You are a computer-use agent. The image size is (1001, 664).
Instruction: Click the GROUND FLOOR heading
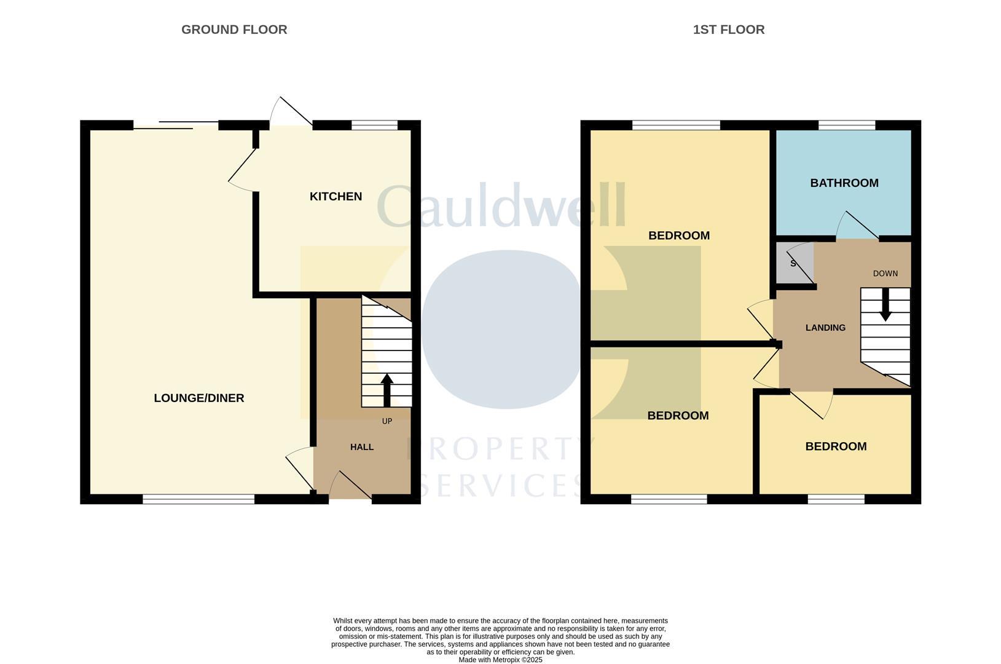coord(234,30)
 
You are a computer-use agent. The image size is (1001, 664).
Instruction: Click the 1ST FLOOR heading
coord(728,30)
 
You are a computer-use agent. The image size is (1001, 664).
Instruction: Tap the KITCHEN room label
coord(336,196)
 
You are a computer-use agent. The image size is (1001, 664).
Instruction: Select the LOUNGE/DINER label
coord(199,398)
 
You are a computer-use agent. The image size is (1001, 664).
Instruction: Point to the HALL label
coord(362,447)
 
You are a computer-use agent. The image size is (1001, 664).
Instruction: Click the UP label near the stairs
coord(387,421)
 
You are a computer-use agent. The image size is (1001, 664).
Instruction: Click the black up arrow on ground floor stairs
coord(387,390)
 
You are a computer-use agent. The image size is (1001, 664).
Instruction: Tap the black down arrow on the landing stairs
coord(885,304)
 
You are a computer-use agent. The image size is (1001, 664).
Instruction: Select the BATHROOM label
coord(844,183)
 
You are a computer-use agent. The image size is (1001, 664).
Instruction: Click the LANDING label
coord(825,328)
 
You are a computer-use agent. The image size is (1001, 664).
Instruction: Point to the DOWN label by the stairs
coord(885,274)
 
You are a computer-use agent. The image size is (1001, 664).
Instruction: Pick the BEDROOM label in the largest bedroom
coord(679,235)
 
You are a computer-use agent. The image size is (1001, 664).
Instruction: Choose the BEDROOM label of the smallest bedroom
coord(836,446)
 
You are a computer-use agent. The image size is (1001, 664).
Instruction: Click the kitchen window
coord(374,125)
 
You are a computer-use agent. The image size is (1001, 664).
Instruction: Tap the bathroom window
coord(846,125)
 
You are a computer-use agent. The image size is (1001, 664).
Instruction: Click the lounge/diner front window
coord(198,499)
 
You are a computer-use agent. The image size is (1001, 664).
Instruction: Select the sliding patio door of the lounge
coord(176,125)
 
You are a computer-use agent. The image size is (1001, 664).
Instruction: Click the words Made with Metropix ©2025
coord(500,660)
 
